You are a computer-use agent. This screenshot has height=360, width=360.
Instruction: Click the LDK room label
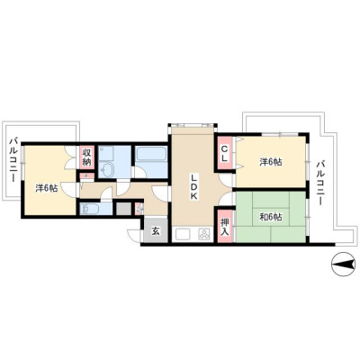coord(193,187)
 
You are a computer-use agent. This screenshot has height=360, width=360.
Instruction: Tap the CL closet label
coord(225,153)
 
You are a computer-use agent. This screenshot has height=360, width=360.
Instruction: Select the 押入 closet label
coord(225,227)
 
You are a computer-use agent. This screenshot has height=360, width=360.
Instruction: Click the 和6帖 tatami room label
coord(271,217)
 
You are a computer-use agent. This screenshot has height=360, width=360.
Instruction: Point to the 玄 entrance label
coord(156,231)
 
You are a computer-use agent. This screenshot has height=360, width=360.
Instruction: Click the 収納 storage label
coord(86,157)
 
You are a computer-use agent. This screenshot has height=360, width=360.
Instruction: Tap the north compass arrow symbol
coord(344,265)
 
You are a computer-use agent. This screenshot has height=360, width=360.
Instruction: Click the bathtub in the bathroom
coord(151,155)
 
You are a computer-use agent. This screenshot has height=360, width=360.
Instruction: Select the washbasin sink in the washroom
coord(107,170)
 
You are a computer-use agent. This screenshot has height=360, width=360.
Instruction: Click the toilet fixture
coord(88,209)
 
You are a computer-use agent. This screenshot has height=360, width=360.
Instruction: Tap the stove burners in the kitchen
coord(205,234)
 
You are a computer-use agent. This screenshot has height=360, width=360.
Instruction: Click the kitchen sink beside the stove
coord(184,234)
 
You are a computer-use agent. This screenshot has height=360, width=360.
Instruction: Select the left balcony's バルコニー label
coord(13,159)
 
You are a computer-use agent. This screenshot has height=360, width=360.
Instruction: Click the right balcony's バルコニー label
coord(320,183)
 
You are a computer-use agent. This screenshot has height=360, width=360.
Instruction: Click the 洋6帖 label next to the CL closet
coord(271,162)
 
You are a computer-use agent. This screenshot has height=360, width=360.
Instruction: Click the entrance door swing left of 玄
coord(134,235)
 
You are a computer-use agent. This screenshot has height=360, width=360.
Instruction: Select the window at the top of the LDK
coord(193,125)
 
